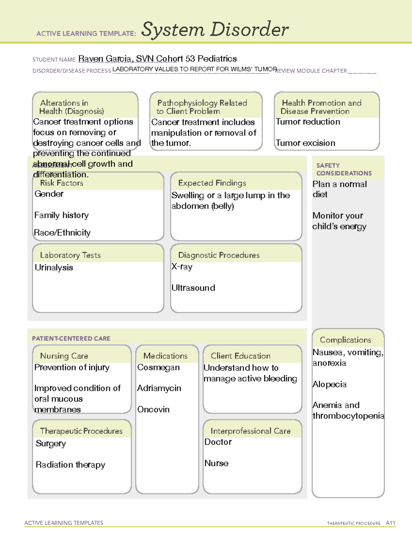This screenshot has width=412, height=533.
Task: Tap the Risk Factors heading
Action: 62,183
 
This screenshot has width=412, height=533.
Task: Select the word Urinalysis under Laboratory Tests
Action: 54,268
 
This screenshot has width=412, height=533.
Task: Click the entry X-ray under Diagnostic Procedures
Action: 182,267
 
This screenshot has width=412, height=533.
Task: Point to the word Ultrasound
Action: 193,288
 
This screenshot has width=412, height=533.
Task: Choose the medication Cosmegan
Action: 158,368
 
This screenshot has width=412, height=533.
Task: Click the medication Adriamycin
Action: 159,388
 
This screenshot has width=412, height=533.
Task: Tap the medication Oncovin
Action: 153,409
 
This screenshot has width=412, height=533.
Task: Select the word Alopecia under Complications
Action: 329,384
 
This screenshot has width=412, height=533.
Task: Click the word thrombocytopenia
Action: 348,416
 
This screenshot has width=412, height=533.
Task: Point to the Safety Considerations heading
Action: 344,169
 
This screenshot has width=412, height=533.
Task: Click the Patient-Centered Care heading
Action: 71,338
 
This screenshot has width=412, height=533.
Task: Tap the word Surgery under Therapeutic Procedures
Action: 50,443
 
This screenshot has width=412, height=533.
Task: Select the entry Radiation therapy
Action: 70,465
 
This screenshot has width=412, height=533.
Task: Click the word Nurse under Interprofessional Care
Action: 216,463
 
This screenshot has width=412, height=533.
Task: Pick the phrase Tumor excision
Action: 305,143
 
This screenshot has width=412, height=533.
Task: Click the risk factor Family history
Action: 61,215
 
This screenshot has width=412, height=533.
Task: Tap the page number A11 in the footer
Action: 390,523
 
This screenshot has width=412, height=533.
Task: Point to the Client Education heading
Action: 240,356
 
